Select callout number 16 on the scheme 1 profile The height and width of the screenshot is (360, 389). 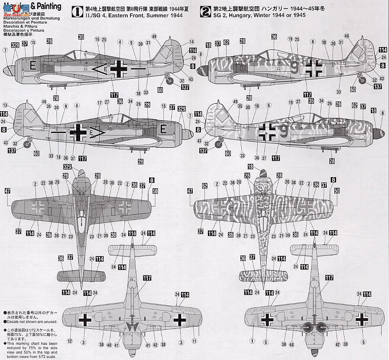[97, 39]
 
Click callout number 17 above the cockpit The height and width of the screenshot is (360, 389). [99, 103]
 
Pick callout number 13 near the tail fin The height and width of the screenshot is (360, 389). [5, 106]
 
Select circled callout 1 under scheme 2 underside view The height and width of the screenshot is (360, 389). [252, 341]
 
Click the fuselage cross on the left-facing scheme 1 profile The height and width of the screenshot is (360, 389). [119, 68]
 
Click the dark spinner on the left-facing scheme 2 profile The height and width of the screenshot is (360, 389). [203, 69]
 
